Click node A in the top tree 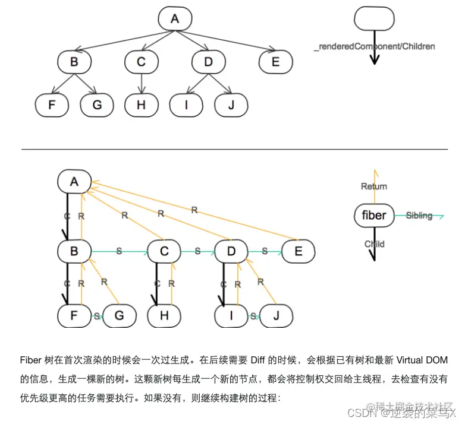tap(174, 19)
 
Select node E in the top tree tap(275, 62)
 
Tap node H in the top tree tap(141, 105)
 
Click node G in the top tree tap(97, 105)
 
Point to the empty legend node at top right tap(374, 19)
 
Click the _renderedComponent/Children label tap(375, 46)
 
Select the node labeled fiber tap(374, 215)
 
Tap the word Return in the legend tap(374, 186)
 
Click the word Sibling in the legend tap(419, 216)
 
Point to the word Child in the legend tap(374, 243)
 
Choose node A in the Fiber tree tap(74, 182)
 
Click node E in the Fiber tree tap(298, 252)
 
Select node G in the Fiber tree tap(119, 315)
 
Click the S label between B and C tap(119, 252)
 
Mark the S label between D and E tap(264, 252)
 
